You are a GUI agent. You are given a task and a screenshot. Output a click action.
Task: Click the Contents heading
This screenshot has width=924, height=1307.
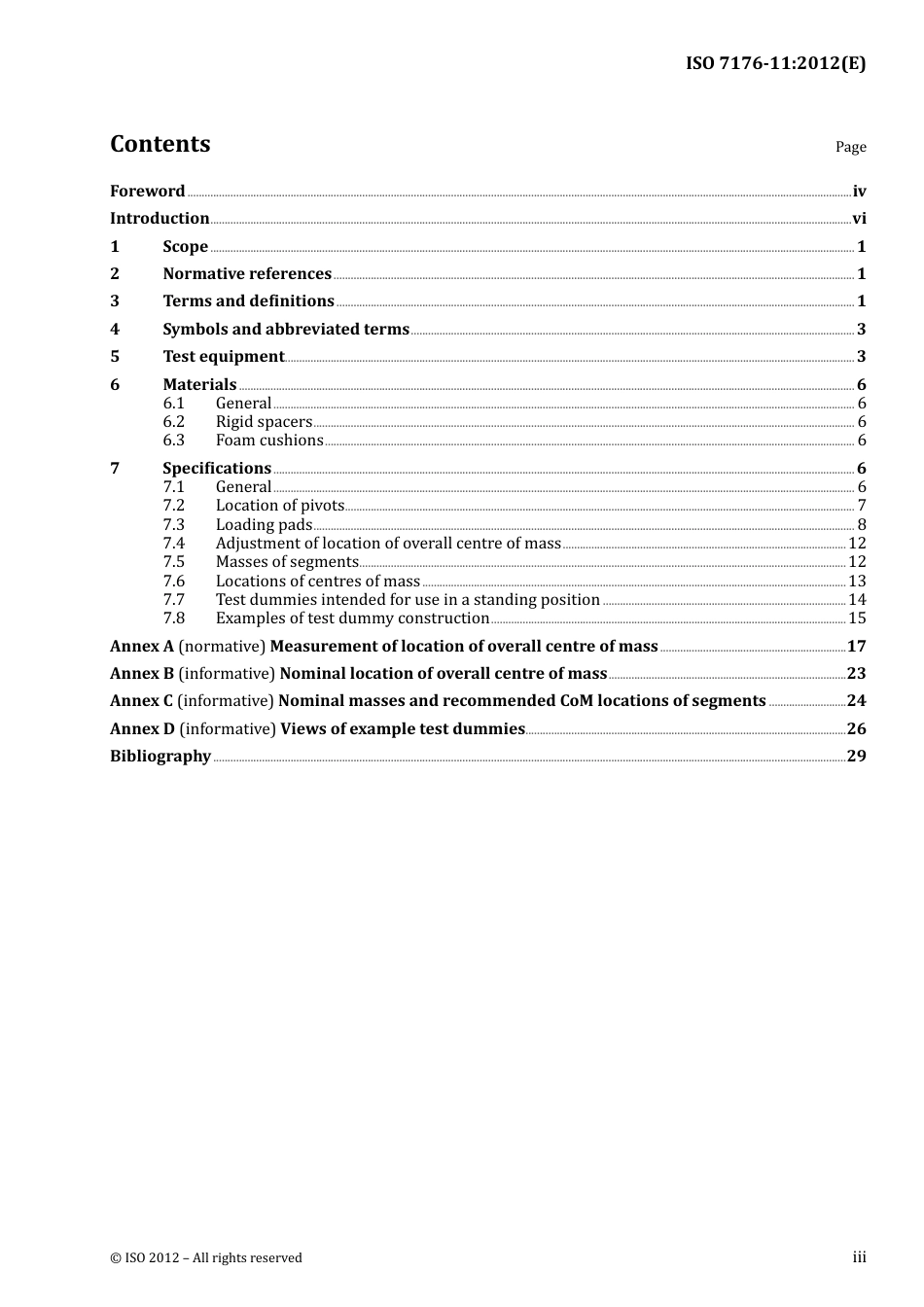(x=160, y=144)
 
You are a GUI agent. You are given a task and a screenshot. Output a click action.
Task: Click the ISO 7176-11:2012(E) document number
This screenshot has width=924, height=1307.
(x=775, y=64)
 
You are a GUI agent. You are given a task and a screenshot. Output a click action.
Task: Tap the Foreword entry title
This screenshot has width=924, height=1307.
(x=147, y=192)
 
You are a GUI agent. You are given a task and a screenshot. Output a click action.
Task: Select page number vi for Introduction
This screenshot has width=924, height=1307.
(x=859, y=219)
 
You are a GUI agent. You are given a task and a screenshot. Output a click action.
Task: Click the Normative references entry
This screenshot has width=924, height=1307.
(x=247, y=274)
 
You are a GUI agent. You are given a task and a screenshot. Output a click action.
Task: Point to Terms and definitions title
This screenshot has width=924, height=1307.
(x=248, y=301)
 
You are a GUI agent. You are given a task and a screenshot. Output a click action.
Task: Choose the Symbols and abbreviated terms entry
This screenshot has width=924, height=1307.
(x=286, y=330)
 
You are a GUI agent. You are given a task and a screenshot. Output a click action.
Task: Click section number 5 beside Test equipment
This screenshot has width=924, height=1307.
(x=115, y=357)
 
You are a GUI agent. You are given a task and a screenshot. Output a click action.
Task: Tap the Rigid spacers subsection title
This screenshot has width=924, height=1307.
(x=264, y=422)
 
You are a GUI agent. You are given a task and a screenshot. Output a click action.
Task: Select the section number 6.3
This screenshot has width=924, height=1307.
(x=173, y=441)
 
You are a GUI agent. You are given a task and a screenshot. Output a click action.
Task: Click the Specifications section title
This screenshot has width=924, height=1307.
(x=217, y=469)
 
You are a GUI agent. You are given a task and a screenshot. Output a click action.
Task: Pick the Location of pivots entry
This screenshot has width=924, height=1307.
(x=280, y=506)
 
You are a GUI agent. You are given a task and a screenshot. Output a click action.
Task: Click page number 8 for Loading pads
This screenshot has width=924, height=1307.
(x=862, y=525)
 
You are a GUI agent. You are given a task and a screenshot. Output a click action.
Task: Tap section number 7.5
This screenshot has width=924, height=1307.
(x=173, y=562)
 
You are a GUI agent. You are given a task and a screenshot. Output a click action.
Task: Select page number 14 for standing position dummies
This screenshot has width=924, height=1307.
(x=857, y=600)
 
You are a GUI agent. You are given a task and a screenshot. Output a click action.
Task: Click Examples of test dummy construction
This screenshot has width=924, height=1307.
(x=352, y=618)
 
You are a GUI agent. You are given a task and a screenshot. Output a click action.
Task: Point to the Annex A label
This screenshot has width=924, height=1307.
(x=142, y=647)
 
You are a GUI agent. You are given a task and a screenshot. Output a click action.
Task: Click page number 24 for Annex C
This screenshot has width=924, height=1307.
(x=856, y=701)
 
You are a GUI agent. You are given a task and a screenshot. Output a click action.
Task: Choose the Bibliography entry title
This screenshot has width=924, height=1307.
(x=160, y=757)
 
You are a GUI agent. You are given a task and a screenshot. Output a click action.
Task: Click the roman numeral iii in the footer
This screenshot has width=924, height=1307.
(x=859, y=1257)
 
